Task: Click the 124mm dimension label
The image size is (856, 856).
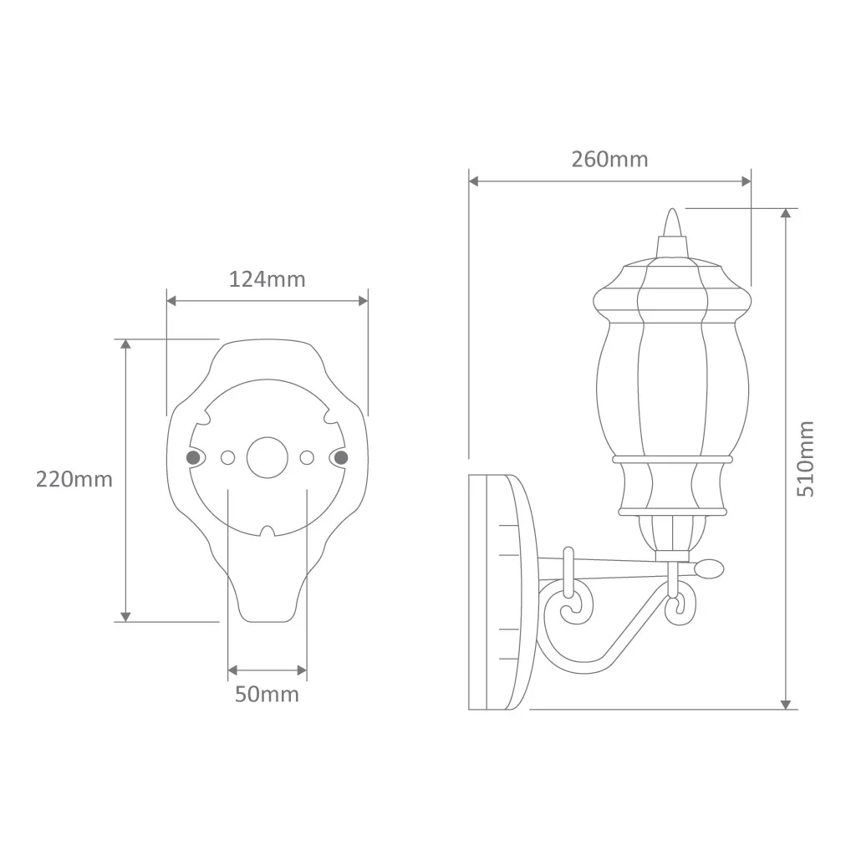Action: (x=267, y=279)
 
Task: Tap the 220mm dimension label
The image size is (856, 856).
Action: (x=74, y=479)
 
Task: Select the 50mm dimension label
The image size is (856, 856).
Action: (x=267, y=695)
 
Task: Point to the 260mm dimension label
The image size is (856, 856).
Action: (x=609, y=160)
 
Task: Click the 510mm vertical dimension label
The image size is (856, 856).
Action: (x=806, y=459)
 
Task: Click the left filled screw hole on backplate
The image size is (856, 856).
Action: (x=193, y=457)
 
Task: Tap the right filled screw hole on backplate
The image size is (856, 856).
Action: (x=341, y=457)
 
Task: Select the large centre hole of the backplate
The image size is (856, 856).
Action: (x=267, y=457)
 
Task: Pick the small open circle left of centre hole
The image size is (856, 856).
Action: (x=227, y=457)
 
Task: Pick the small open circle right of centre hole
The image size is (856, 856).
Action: (x=307, y=457)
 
